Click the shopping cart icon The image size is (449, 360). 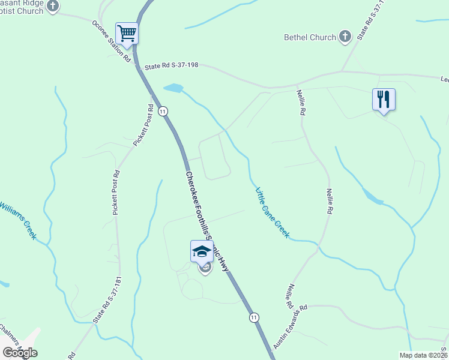(x=127, y=33)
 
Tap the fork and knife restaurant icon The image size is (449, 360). (x=384, y=99)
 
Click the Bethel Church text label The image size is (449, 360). (x=310, y=37)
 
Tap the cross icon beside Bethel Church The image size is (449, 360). (x=345, y=37)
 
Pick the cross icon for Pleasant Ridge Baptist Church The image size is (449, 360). (x=53, y=7)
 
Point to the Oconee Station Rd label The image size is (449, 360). (x=111, y=41)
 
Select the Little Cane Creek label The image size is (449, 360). (x=273, y=213)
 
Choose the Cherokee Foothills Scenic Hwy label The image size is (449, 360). (x=207, y=222)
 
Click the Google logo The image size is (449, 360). (x=20, y=352)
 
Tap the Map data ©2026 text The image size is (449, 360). (x=423, y=355)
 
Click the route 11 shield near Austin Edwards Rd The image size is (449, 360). (x=255, y=317)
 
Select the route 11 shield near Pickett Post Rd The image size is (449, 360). (x=162, y=111)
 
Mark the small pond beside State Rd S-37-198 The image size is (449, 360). (x=173, y=88)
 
